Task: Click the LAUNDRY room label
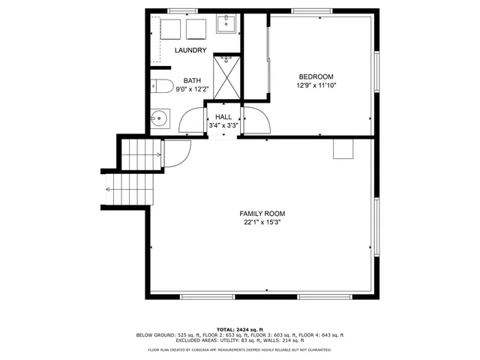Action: click(x=190, y=50)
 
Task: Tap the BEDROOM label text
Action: click(x=316, y=76)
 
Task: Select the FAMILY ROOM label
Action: click(x=262, y=214)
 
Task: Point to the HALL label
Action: click(x=223, y=117)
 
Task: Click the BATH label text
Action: click(x=192, y=81)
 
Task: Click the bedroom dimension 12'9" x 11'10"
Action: click(x=316, y=85)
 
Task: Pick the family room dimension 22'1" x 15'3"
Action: click(x=262, y=223)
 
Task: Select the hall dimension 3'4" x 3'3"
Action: click(x=223, y=125)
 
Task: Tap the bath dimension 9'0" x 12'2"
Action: click(x=192, y=89)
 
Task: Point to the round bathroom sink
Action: click(x=159, y=118)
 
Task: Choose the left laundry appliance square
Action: click(x=171, y=29)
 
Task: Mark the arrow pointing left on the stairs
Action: click(x=110, y=189)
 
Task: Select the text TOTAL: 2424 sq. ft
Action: click(x=239, y=329)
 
